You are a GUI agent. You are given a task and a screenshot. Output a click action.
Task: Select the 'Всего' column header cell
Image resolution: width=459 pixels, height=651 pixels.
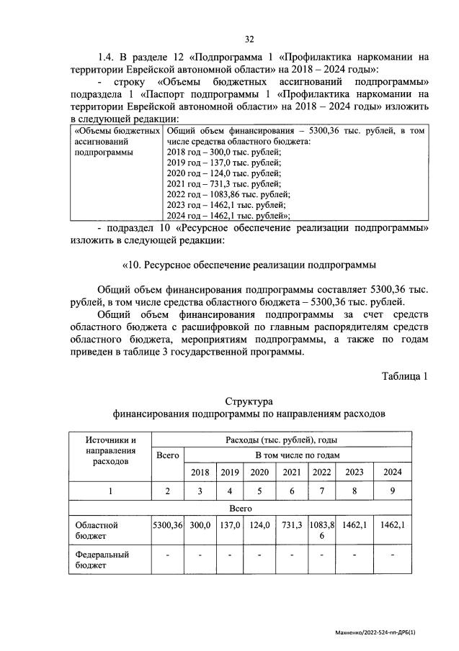click(x=167, y=455)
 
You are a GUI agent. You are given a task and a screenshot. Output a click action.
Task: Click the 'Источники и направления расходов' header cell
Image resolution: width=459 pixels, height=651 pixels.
click(x=110, y=450)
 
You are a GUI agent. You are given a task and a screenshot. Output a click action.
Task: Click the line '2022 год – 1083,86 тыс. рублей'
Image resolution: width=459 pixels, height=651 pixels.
click(x=228, y=194)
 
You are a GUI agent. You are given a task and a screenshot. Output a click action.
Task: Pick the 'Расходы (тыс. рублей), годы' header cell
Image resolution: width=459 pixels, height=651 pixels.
click(x=281, y=440)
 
